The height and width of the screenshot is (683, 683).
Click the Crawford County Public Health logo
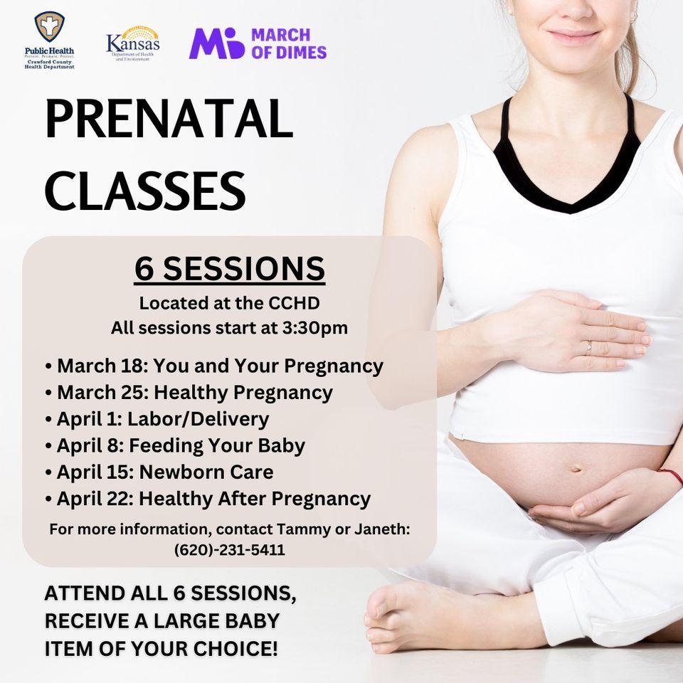click(49, 40)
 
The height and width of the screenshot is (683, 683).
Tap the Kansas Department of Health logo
click(132, 43)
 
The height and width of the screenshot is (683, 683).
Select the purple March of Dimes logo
click(257, 43)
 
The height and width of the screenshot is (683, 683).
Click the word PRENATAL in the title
click(169, 120)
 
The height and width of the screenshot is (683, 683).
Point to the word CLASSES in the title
click(145, 190)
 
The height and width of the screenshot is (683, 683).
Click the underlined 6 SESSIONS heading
click(229, 269)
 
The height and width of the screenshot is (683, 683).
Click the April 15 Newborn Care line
click(159, 472)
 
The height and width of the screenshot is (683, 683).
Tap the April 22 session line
click(207, 499)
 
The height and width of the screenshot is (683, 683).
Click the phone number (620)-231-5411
click(229, 550)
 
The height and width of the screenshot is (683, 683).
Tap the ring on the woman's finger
click(588, 348)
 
